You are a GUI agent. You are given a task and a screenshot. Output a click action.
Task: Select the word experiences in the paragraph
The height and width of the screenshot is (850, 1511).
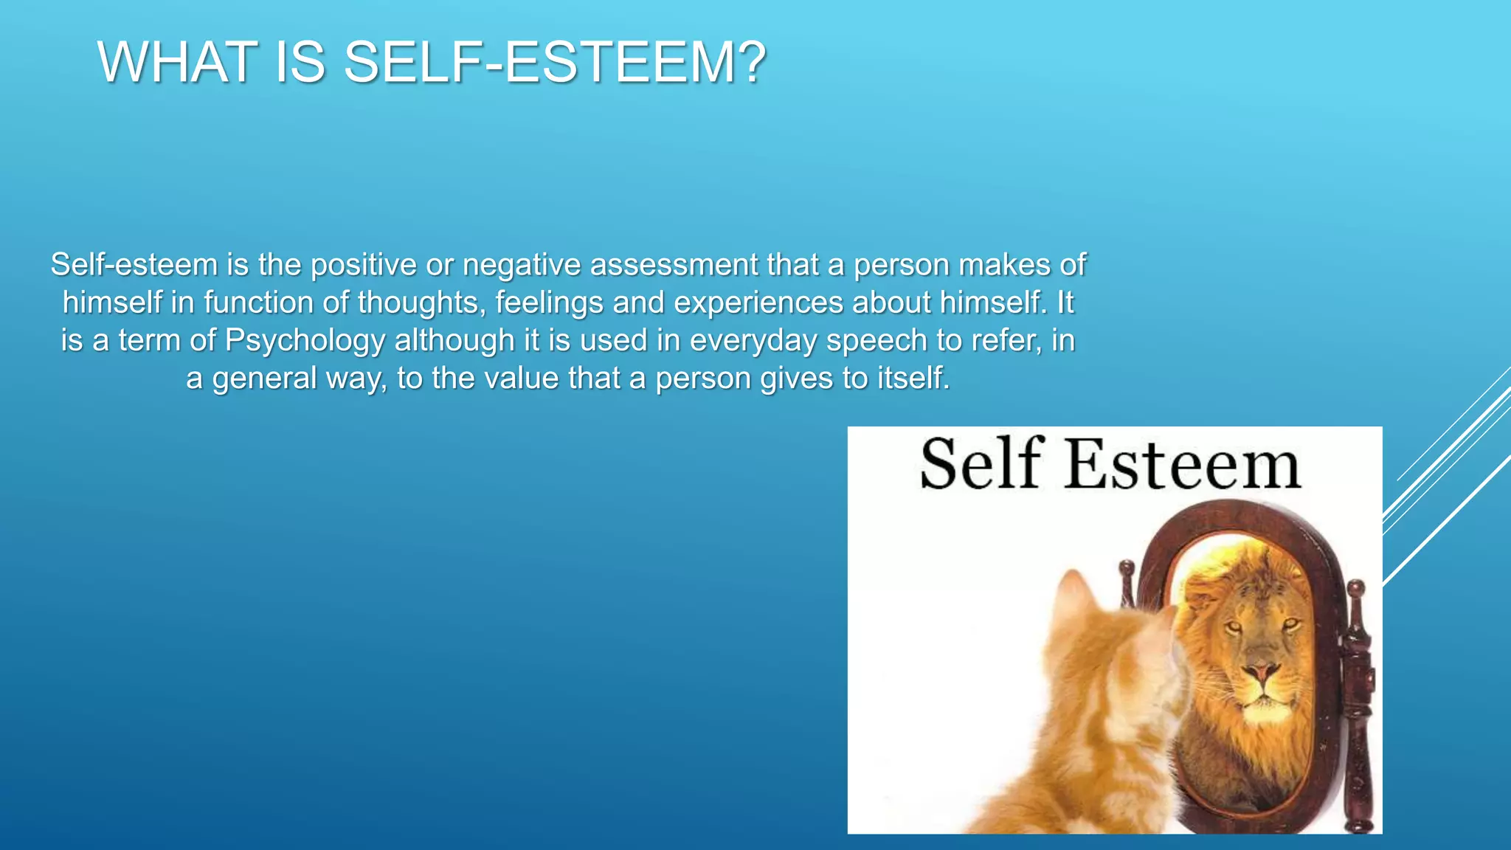coord(758,303)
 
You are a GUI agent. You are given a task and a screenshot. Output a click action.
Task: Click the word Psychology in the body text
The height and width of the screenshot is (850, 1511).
coord(305,340)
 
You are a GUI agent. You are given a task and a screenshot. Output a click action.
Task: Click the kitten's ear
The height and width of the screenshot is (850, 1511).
coord(1079,590)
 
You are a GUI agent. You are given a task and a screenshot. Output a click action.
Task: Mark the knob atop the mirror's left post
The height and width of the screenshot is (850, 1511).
coord(1126,568)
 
